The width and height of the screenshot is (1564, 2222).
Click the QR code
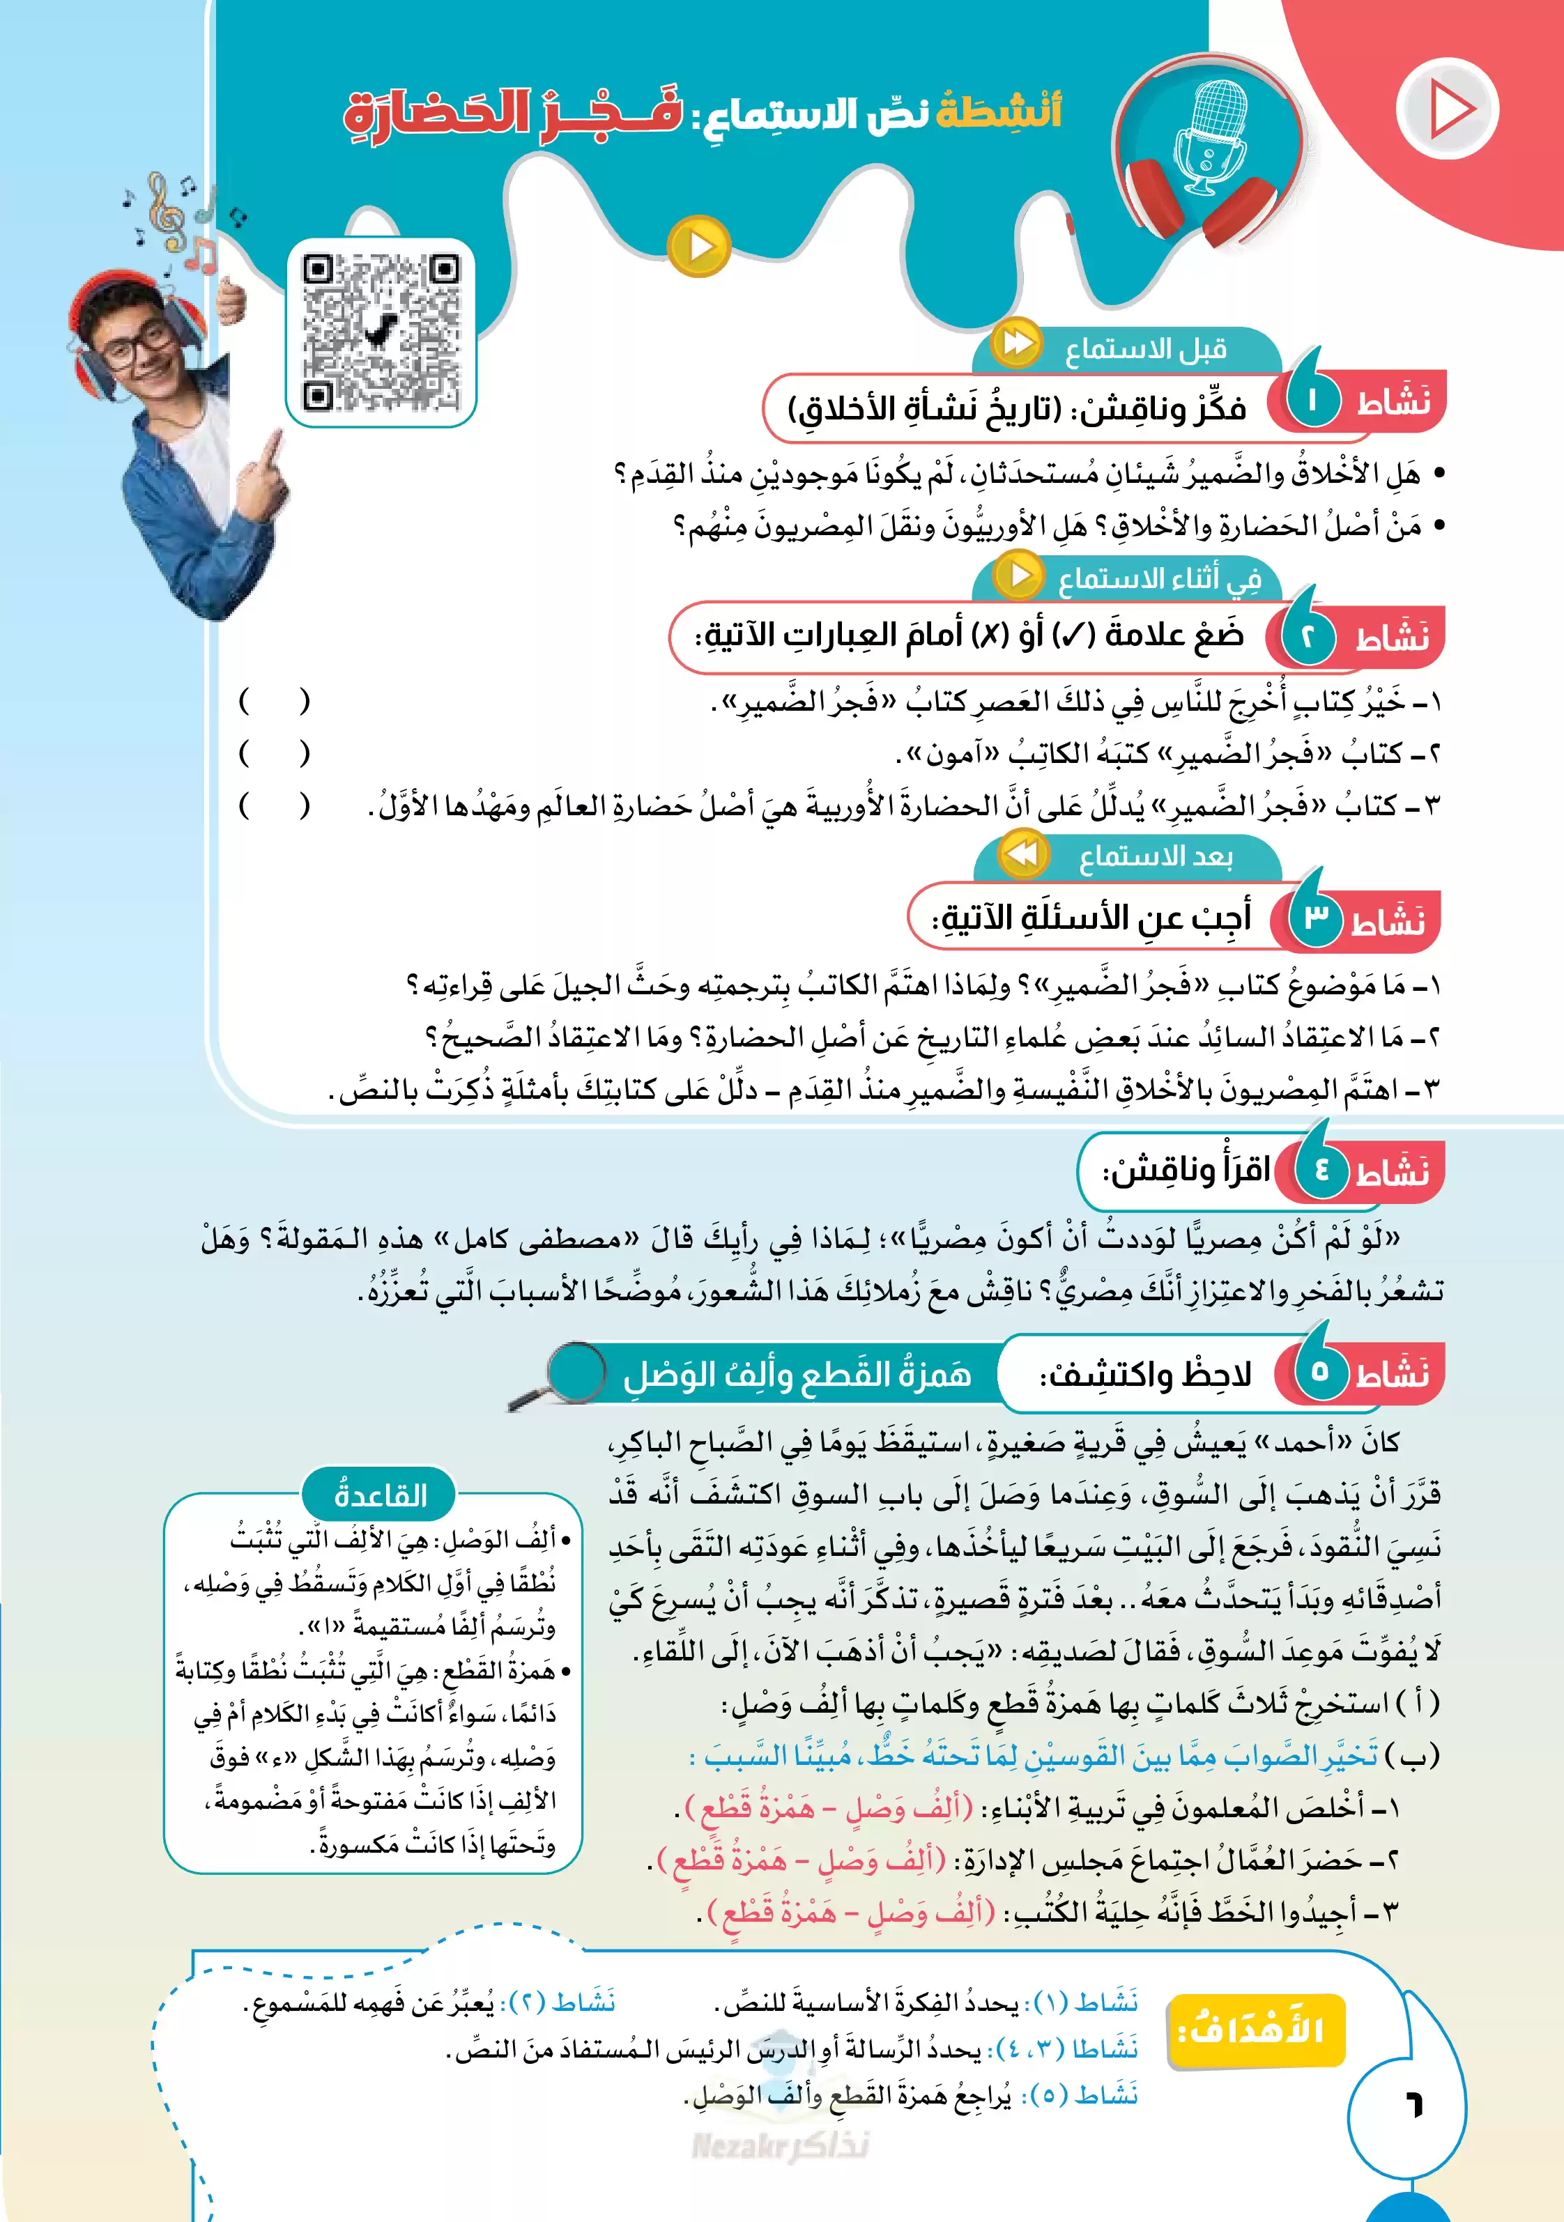pyautogui.click(x=381, y=332)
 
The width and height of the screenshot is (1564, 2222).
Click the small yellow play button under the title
pyautogui.click(x=699, y=247)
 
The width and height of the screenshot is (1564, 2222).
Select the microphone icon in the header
pyautogui.click(x=1210, y=134)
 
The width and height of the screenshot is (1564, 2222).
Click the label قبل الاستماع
pyautogui.click(x=1146, y=349)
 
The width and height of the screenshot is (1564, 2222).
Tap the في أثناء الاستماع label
pyautogui.click(x=1158, y=579)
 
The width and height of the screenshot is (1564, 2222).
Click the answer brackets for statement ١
pyautogui.click(x=275, y=701)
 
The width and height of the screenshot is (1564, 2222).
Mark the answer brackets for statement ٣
pyautogui.click(x=275, y=805)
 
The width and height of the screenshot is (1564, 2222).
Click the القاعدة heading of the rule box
pyautogui.click(x=379, y=1495)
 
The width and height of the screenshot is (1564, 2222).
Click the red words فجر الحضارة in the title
pyautogui.click(x=513, y=114)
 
